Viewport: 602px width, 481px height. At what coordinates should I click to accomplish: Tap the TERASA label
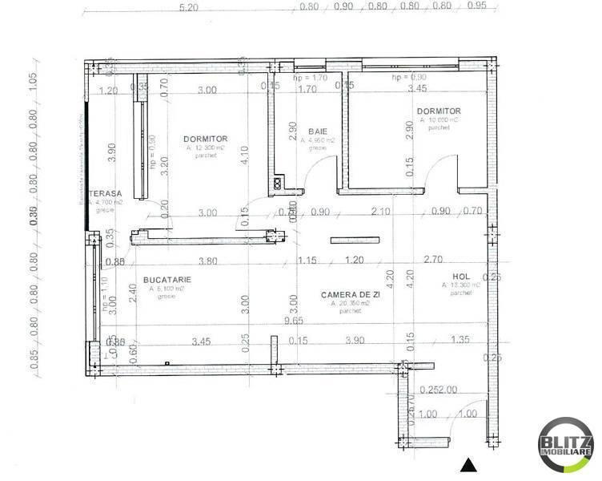coord(106,193)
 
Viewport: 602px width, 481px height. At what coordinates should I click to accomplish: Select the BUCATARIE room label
coord(166,279)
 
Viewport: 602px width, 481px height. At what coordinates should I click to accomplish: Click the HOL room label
coord(451,285)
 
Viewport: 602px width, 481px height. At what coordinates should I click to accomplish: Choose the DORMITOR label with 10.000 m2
coord(439,111)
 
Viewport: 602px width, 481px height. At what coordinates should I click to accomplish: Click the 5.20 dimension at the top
coord(189,7)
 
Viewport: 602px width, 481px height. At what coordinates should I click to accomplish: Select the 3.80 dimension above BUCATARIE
coord(207,261)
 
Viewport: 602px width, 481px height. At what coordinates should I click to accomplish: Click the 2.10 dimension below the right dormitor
coord(380,212)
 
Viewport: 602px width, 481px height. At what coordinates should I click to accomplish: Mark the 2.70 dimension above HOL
coord(433,260)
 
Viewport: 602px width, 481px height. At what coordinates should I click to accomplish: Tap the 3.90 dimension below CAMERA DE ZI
coord(355,341)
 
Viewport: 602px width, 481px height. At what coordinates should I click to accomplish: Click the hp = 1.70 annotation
coord(309,79)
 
